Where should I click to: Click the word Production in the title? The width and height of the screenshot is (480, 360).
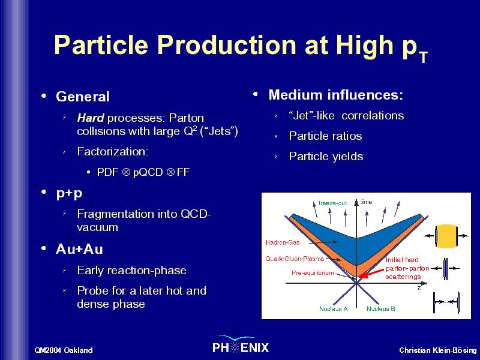pyautogui.click(x=226, y=44)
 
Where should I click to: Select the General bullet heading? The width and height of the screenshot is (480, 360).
pyautogui.click(x=83, y=97)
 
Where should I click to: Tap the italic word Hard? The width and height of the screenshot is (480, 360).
pyautogui.click(x=91, y=118)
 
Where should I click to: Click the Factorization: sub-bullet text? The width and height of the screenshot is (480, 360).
pyautogui.click(x=113, y=152)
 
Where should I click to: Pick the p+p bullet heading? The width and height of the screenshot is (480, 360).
pyautogui.click(x=69, y=194)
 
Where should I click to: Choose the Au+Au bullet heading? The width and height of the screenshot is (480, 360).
pyautogui.click(x=79, y=249)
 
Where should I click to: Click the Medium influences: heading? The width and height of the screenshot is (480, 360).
pyautogui.click(x=336, y=95)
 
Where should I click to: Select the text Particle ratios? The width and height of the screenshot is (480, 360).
pyautogui.click(x=325, y=136)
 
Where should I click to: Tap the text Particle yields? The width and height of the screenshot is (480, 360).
pyautogui.click(x=326, y=157)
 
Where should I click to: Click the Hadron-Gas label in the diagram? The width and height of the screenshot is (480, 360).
pyautogui.click(x=282, y=242)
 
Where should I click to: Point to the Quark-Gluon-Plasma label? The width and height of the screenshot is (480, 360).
pyautogui.click(x=295, y=259)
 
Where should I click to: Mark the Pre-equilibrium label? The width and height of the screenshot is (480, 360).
pyautogui.click(x=313, y=272)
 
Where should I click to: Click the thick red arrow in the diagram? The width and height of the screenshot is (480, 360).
pyautogui.click(x=371, y=274)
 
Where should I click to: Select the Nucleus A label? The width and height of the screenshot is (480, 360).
pyautogui.click(x=334, y=308)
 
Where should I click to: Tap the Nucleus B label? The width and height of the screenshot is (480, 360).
pyautogui.click(x=381, y=308)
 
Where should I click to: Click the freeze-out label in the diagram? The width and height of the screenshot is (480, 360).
pyautogui.click(x=332, y=203)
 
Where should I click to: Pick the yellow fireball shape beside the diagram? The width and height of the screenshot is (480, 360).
pyautogui.click(x=446, y=236)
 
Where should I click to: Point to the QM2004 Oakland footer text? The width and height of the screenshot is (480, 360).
pyautogui.click(x=64, y=350)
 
